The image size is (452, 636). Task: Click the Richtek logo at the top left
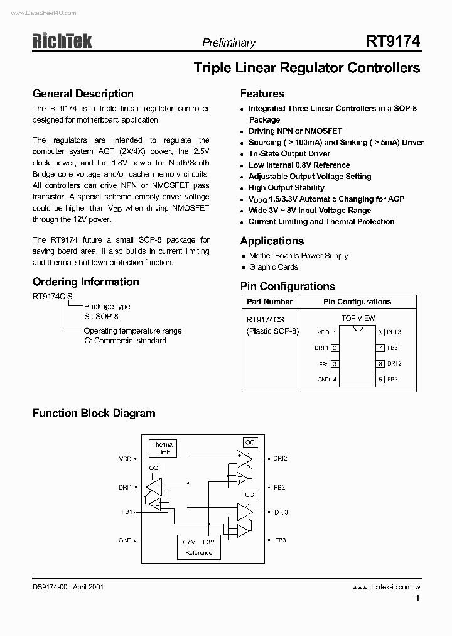tap(62, 41)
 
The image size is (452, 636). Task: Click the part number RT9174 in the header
tap(393, 41)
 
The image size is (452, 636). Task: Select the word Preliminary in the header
tap(229, 43)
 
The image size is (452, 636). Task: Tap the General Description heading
tap(83, 94)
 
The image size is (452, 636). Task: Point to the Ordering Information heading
tap(86, 282)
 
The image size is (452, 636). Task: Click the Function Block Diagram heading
tap(94, 413)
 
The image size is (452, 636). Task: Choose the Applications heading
tap(272, 241)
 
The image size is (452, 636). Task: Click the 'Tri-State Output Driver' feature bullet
tap(289, 154)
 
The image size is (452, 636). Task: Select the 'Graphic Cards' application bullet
tap(274, 267)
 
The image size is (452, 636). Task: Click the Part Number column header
tap(269, 302)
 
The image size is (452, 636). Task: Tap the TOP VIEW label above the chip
tap(358, 319)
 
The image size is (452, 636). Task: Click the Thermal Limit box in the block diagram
tap(163, 448)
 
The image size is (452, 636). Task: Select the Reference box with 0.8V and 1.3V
tap(198, 547)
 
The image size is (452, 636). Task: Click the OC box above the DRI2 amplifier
tap(250, 442)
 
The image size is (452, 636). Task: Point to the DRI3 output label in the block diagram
tap(281, 512)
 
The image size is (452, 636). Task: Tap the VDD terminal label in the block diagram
tap(125, 459)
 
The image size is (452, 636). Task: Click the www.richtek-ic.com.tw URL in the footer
tap(386, 587)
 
